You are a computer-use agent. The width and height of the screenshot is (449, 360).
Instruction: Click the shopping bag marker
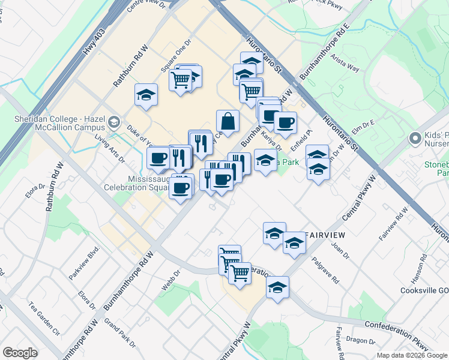point(228,121)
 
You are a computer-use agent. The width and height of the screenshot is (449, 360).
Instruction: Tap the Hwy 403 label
point(94,42)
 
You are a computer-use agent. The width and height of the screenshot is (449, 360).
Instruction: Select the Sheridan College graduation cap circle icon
point(113,123)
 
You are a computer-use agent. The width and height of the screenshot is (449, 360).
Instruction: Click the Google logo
point(20,353)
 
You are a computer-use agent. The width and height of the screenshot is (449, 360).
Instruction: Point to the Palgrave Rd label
point(325,271)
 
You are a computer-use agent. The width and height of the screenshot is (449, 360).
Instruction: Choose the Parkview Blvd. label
point(83,263)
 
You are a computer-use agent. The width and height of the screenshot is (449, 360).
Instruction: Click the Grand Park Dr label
point(120,332)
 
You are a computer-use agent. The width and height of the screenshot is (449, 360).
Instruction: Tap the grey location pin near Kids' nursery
point(414,139)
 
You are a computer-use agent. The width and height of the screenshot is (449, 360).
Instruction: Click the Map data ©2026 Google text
point(411,355)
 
